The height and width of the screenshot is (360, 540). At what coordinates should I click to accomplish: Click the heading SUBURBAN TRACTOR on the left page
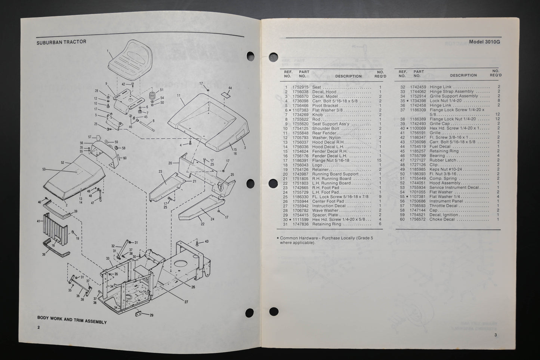tap(61, 42)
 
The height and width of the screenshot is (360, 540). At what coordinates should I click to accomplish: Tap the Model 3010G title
tap(484, 42)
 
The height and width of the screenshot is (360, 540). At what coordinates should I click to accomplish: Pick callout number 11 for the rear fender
tap(179, 96)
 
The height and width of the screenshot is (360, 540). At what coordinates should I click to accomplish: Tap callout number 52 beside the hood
tap(63, 163)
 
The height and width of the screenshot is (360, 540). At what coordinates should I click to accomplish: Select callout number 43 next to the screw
tap(206, 241)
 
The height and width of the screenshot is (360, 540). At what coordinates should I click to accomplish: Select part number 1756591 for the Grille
tap(418, 133)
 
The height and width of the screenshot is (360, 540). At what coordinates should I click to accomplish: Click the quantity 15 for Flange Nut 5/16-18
tap(380, 160)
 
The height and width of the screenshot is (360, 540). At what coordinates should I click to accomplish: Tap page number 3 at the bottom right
tap(496, 335)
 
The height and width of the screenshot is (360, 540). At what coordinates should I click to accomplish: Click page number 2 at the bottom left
tap(38, 327)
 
